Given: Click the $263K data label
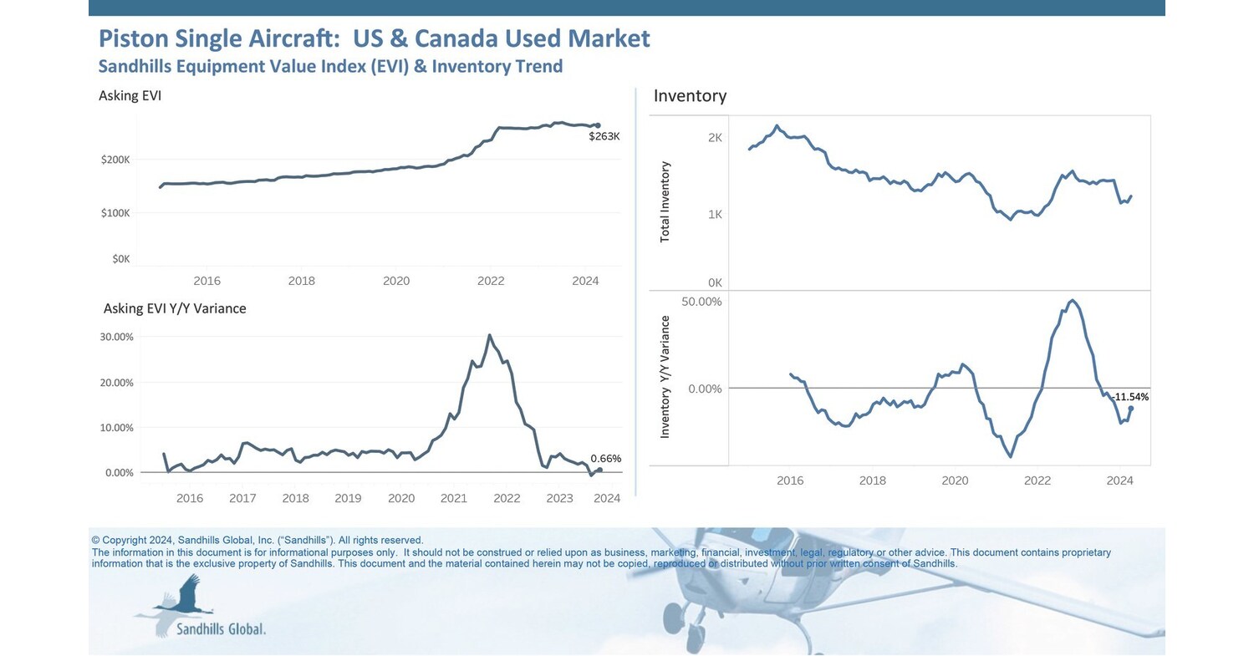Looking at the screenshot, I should [x=604, y=136].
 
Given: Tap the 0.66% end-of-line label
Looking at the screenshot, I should [x=605, y=459].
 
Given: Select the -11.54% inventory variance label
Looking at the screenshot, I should [x=1130, y=397].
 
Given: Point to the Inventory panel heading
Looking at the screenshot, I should [x=690, y=96].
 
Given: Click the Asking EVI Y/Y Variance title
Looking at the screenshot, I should [x=175, y=308].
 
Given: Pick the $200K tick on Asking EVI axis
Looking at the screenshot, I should [x=115, y=160].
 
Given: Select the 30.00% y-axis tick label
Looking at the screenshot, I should [x=117, y=337].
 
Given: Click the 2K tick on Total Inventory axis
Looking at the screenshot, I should [x=715, y=138].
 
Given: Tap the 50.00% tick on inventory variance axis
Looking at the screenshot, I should [x=701, y=301].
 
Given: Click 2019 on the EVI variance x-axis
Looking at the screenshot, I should [x=348, y=499].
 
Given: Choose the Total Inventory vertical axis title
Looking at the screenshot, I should [x=665, y=202].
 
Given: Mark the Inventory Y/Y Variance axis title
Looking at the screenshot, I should [x=665, y=377].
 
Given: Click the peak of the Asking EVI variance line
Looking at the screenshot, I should [x=490, y=335].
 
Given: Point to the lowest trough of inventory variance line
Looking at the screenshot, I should [x=1011, y=456].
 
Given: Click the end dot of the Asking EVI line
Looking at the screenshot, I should [x=597, y=125].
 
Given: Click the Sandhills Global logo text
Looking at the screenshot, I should [x=221, y=628].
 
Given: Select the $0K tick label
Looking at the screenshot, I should [x=120, y=259].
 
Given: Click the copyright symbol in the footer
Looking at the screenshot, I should [x=95, y=541].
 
